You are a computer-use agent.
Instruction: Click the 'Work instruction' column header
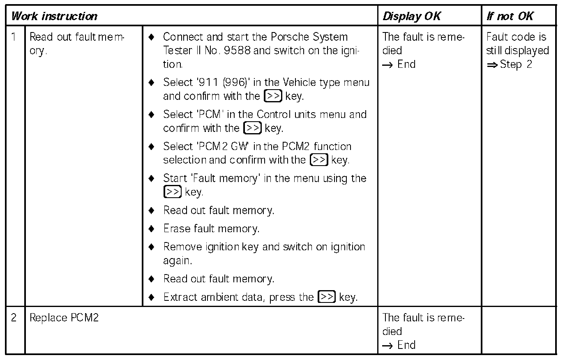click(54, 16)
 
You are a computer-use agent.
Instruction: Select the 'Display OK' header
click(411, 16)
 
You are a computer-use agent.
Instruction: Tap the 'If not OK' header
click(510, 16)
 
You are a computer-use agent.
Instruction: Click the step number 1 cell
click(14, 37)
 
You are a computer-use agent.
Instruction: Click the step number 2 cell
click(14, 318)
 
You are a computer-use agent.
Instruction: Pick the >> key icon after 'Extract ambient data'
click(327, 297)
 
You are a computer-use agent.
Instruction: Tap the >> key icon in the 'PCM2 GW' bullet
click(319, 159)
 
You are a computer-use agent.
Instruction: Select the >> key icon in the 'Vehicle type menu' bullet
click(273, 96)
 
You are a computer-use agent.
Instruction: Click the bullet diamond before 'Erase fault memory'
click(152, 228)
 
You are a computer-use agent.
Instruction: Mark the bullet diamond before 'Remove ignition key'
click(152, 247)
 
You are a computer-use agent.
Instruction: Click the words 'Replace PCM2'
click(64, 318)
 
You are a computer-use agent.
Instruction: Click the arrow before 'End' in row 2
click(387, 346)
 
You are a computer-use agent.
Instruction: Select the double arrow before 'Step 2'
click(492, 65)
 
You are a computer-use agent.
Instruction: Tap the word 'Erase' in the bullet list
click(177, 228)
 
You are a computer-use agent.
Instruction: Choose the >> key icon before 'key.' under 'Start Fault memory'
click(172, 192)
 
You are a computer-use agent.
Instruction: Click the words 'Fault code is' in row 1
click(516, 37)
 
